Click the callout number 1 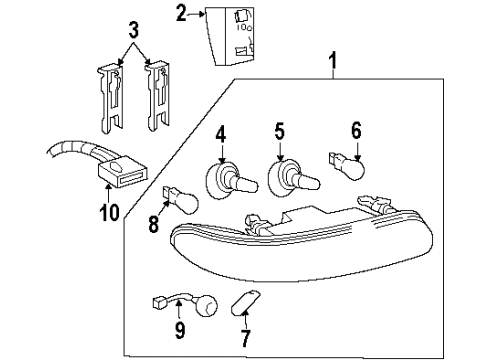331,67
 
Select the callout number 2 181,13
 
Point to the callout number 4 221,130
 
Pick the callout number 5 281,130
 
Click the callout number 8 155,226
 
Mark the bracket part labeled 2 233,33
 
